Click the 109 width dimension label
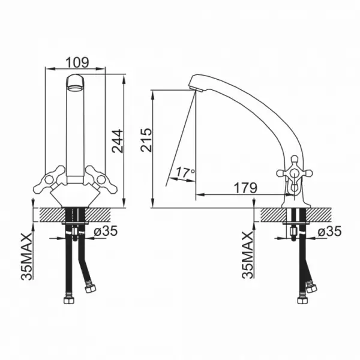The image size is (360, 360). click(x=77, y=62)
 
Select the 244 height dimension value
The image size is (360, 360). click(x=118, y=141)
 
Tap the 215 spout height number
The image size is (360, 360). click(x=146, y=140)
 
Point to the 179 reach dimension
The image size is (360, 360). click(x=245, y=188)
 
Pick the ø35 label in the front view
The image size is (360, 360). click(x=106, y=231)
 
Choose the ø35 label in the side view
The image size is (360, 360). click(x=329, y=231)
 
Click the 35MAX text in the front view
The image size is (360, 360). click(x=26, y=257)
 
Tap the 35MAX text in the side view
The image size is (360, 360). click(x=247, y=255)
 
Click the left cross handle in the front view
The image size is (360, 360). click(x=49, y=179)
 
